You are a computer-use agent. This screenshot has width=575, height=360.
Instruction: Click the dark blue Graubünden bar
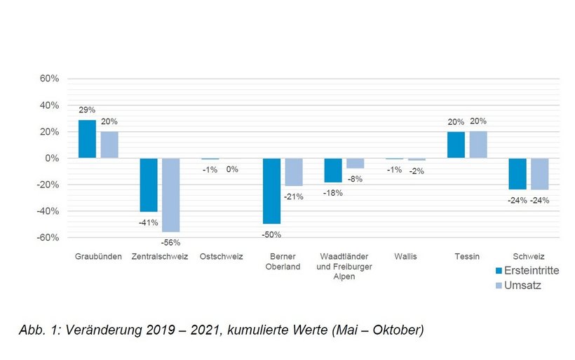pyautogui.click(x=86, y=139)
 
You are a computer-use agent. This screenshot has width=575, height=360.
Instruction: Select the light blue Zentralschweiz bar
pyautogui.click(x=171, y=195)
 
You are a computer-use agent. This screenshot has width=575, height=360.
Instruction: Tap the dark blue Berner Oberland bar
pyautogui.click(x=271, y=191)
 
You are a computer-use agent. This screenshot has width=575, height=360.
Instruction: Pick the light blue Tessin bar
pyautogui.click(x=478, y=145)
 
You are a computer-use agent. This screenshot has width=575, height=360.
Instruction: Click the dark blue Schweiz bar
pyautogui.click(x=517, y=173)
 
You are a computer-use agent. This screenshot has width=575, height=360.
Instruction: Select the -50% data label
pyautogui.click(x=272, y=234)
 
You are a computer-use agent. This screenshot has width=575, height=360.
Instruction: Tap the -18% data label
pyautogui.click(x=333, y=193)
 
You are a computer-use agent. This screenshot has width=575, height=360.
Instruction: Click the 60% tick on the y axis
pyautogui.click(x=49, y=79)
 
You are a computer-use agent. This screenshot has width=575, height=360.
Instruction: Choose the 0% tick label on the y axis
pyautogui.click(x=52, y=159)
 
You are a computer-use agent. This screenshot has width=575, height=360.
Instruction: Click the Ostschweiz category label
pyautogui.click(x=221, y=257)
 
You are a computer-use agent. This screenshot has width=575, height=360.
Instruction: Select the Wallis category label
pyautogui.click(x=405, y=257)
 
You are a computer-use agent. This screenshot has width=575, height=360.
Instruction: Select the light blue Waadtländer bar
pyautogui.click(x=354, y=163)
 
